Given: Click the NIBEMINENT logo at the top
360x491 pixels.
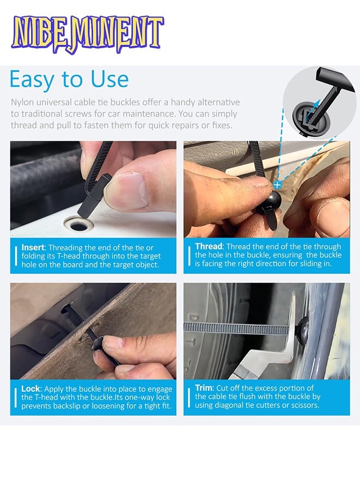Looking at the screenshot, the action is (x=87, y=34).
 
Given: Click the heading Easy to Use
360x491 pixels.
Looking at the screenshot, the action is (x=69, y=80).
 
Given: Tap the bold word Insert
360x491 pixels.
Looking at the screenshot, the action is (x=33, y=247).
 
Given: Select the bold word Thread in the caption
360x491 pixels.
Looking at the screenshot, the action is (x=209, y=246).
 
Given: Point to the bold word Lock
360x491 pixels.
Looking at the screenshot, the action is (x=31, y=388).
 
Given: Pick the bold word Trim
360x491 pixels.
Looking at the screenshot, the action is (x=203, y=388).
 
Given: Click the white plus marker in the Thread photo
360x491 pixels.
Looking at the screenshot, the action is (x=277, y=185).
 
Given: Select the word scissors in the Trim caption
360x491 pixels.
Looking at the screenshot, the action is (x=304, y=405).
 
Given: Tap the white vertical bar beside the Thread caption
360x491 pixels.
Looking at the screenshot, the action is (x=189, y=256).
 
